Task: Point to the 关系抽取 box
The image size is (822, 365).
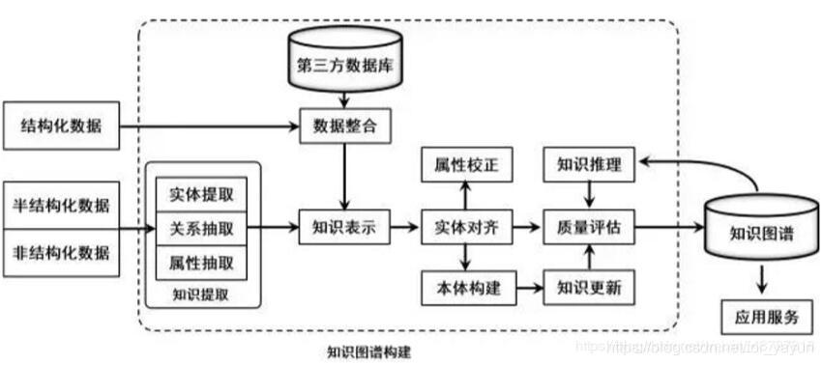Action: tap(200, 228)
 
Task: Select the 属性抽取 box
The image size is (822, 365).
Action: tap(200, 263)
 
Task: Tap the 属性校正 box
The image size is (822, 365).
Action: tap(465, 166)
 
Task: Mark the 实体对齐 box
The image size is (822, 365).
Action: tap(465, 228)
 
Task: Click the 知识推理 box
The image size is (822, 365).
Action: tap(588, 166)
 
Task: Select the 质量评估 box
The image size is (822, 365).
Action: tap(588, 228)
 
